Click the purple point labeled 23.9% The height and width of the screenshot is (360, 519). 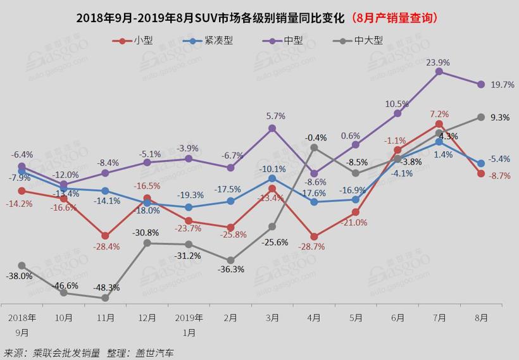tap(439, 72)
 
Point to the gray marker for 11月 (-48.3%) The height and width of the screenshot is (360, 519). tap(105, 298)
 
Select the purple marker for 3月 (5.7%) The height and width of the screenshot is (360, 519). tap(272, 128)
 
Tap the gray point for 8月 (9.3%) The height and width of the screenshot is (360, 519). tap(481, 117)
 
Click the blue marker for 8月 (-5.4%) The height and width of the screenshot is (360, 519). tap(481, 163)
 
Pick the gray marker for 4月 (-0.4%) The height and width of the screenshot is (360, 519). tap(314, 147)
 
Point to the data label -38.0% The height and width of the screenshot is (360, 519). tap(20, 276)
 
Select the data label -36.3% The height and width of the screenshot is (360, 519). tap(231, 269)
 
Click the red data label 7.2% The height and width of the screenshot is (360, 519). tap(439, 115)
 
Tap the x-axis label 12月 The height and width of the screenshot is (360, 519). tap(147, 318)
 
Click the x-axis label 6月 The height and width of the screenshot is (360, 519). tap(397, 318)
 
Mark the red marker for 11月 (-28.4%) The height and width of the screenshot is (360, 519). tap(105, 235)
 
